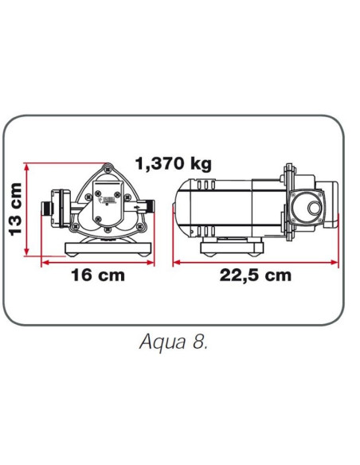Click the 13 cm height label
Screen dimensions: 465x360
14,209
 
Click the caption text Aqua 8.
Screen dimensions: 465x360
174,344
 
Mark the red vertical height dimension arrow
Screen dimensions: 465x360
28,210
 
